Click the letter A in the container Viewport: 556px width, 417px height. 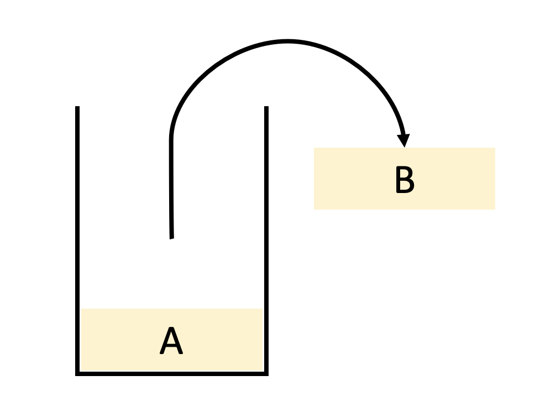click(171, 341)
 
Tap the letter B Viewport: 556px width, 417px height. click(405, 180)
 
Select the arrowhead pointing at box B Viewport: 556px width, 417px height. click(405, 140)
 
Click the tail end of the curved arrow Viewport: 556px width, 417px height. click(172, 237)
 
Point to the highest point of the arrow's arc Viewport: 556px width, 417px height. click(287, 41)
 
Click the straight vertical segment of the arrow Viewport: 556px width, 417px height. click(171, 188)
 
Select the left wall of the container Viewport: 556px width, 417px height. click(77, 238)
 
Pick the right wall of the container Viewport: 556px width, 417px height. click(266, 238)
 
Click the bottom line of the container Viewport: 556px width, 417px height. click(172, 373)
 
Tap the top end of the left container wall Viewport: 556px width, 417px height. click(77, 107)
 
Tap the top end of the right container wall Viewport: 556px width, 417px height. click(266, 107)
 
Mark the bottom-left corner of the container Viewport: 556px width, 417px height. click(77, 373)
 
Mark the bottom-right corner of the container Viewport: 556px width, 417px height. click(266, 373)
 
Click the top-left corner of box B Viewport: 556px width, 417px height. click(314, 148)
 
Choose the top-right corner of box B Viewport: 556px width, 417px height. click(495, 148)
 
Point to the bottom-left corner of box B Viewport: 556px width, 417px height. click(314, 209)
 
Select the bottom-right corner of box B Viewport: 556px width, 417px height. click(495, 209)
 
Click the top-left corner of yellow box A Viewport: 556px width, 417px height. click(82, 309)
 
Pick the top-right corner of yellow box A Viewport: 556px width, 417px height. click(262, 309)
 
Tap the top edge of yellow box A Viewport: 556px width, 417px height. click(172, 309)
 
